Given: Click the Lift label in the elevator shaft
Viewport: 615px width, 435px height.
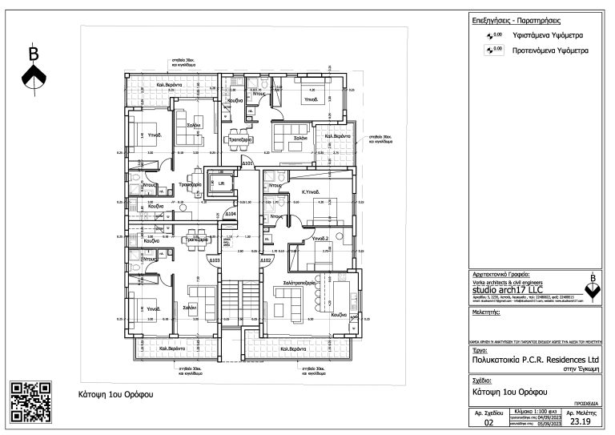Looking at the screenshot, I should point(222,183).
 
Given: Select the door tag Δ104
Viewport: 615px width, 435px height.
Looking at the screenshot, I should point(230,215).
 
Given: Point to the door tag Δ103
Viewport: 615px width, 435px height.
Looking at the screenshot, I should point(215,260).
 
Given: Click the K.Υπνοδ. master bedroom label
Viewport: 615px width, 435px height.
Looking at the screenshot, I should point(311,192).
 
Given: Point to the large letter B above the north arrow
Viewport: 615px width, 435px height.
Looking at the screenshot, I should point(34,54).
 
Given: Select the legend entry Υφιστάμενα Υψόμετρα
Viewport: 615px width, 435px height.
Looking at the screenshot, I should point(548,36).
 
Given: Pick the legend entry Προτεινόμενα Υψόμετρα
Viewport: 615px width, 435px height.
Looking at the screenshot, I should point(550,50).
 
